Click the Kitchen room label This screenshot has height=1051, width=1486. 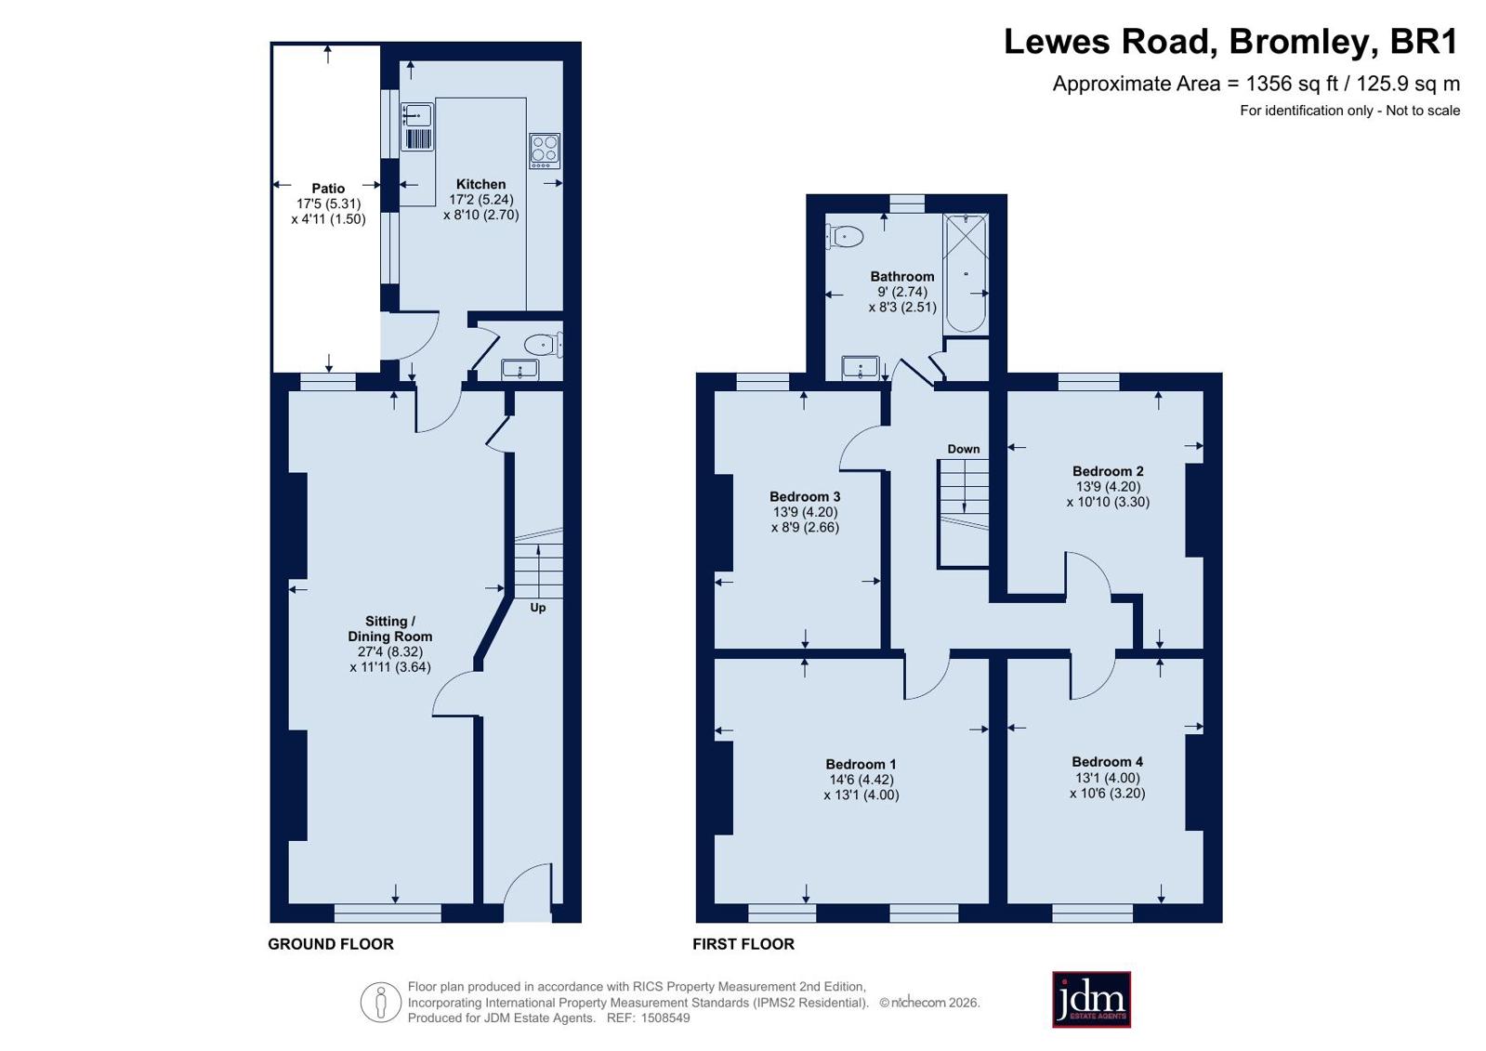click(x=481, y=184)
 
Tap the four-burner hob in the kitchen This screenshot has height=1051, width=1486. click(x=545, y=151)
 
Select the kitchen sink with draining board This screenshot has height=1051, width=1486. click(x=417, y=126)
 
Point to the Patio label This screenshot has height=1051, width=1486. click(x=328, y=189)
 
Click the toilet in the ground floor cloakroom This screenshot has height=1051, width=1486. click(x=544, y=345)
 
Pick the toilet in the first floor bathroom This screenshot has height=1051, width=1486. click(x=845, y=235)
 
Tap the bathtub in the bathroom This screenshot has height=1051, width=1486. click(x=966, y=273)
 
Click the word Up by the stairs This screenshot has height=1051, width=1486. click(x=538, y=608)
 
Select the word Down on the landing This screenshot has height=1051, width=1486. click(x=963, y=449)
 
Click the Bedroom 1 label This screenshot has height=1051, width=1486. click(x=861, y=765)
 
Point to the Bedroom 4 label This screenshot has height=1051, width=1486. click(x=1107, y=762)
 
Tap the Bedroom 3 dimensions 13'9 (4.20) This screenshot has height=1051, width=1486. click(x=806, y=512)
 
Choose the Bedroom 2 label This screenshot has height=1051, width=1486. click(x=1108, y=471)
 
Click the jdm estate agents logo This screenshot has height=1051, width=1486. click(x=1091, y=999)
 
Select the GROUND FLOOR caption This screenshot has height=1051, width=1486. click(x=330, y=944)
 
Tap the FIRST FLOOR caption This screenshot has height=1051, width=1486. click(x=743, y=944)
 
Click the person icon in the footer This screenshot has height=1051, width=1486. click(x=381, y=1002)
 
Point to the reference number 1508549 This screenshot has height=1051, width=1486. click(x=664, y=1018)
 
